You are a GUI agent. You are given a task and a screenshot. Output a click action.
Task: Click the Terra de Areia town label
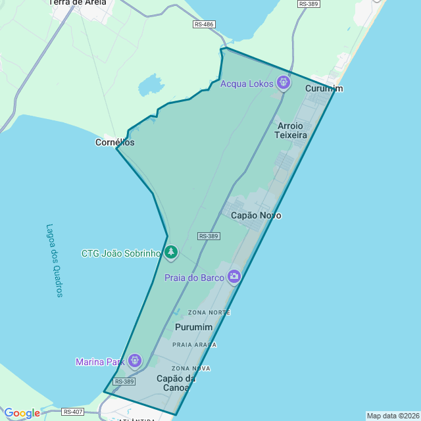click(x=78, y=3)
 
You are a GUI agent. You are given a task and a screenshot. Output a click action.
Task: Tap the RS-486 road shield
click(x=204, y=24)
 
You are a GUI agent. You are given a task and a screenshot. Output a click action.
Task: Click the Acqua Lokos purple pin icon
click(x=284, y=83)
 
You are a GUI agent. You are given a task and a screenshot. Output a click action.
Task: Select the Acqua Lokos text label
click(x=247, y=84)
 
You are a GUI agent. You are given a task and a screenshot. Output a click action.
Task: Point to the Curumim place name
click(x=324, y=89)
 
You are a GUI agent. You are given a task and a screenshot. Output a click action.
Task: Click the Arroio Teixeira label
click(x=291, y=130)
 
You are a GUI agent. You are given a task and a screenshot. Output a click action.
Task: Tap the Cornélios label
click(x=114, y=142)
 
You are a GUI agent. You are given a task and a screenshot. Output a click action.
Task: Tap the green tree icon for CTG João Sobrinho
click(x=171, y=252)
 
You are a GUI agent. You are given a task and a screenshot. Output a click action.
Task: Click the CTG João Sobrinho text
click(x=121, y=253)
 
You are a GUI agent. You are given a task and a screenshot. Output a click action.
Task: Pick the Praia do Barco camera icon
click(x=234, y=277)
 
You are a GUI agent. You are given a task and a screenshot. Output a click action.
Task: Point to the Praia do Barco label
click(x=194, y=278)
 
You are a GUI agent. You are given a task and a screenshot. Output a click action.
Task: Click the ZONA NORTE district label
click(x=209, y=312)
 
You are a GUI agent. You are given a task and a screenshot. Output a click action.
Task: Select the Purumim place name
click(x=193, y=327)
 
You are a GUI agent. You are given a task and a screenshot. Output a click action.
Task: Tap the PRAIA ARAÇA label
click(x=194, y=345)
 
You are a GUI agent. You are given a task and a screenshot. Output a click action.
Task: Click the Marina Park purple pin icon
click(x=135, y=360)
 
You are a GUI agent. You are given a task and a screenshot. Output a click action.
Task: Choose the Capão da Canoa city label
click(x=176, y=383)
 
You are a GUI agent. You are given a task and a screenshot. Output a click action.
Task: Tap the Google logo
click(x=22, y=413)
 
